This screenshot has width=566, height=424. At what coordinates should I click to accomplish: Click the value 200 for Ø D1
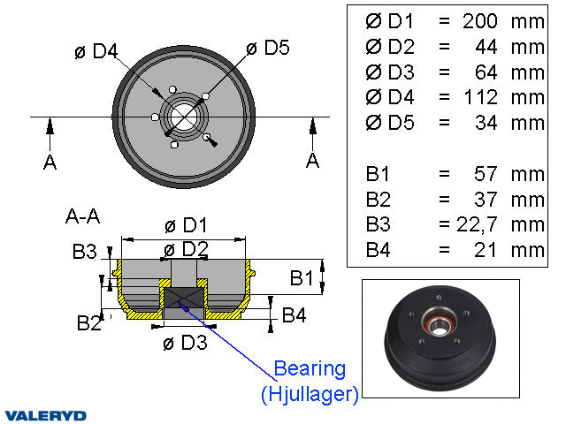480,20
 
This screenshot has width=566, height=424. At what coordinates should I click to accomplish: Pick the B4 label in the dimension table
378,250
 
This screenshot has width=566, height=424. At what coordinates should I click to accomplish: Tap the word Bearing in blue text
310,368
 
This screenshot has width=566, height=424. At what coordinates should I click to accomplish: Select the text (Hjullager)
310,395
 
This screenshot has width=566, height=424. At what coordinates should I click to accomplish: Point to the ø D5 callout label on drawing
268,48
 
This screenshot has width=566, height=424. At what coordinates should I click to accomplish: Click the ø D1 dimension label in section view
186,225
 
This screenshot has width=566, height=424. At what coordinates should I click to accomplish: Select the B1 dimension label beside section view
302,279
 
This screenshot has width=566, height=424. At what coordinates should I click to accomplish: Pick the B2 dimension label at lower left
88,323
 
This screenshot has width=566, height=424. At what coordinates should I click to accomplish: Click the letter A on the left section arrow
50,162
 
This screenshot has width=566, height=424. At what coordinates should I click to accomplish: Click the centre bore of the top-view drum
185,116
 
